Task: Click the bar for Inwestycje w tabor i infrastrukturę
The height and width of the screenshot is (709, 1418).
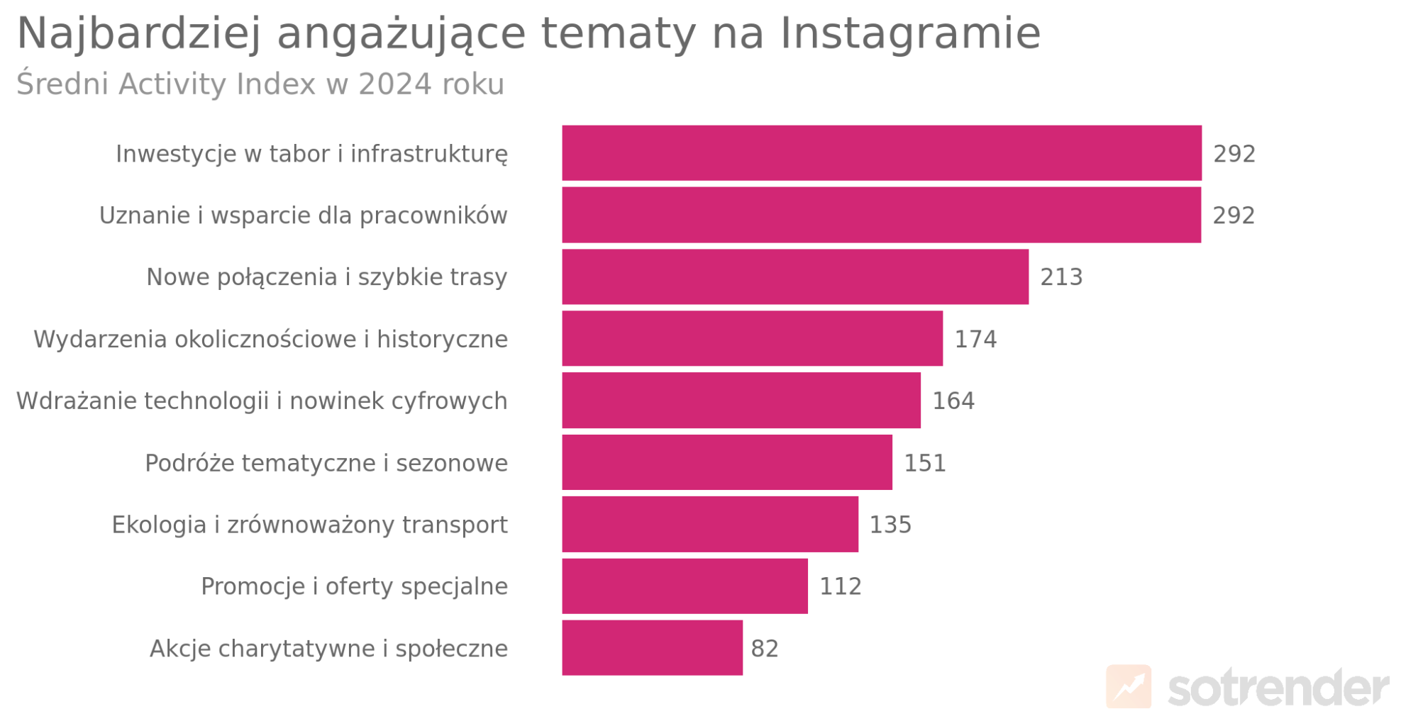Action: point(881,153)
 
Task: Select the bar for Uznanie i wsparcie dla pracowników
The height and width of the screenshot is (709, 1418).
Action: point(881,215)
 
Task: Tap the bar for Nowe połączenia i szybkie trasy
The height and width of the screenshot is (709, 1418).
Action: point(794,277)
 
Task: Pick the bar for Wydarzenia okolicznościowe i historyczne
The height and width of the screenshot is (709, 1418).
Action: point(752,338)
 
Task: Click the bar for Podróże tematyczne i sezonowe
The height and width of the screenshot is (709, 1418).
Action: point(726,462)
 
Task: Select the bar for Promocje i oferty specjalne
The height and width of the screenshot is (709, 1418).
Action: point(685,586)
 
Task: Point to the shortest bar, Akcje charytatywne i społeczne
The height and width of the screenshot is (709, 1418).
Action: point(652,648)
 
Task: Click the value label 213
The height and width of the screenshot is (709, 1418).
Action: point(1061,277)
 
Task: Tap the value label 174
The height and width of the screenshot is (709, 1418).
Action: point(975,339)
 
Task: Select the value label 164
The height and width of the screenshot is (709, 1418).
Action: point(953,401)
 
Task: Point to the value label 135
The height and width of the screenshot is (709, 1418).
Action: point(890,525)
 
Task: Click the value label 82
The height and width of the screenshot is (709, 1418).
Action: point(765,649)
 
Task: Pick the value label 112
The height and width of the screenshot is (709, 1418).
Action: point(841,586)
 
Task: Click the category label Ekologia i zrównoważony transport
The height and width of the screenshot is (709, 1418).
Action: point(309,525)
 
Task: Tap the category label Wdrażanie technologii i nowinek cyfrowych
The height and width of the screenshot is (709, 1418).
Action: point(262,401)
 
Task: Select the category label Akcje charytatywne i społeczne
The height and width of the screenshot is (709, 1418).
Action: point(328,649)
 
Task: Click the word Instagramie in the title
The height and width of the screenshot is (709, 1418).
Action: point(910,33)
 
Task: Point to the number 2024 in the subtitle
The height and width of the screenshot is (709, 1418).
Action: point(394,84)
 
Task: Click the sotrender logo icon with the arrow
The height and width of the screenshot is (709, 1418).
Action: point(1128,686)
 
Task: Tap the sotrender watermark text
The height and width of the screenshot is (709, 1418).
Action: point(1278,688)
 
